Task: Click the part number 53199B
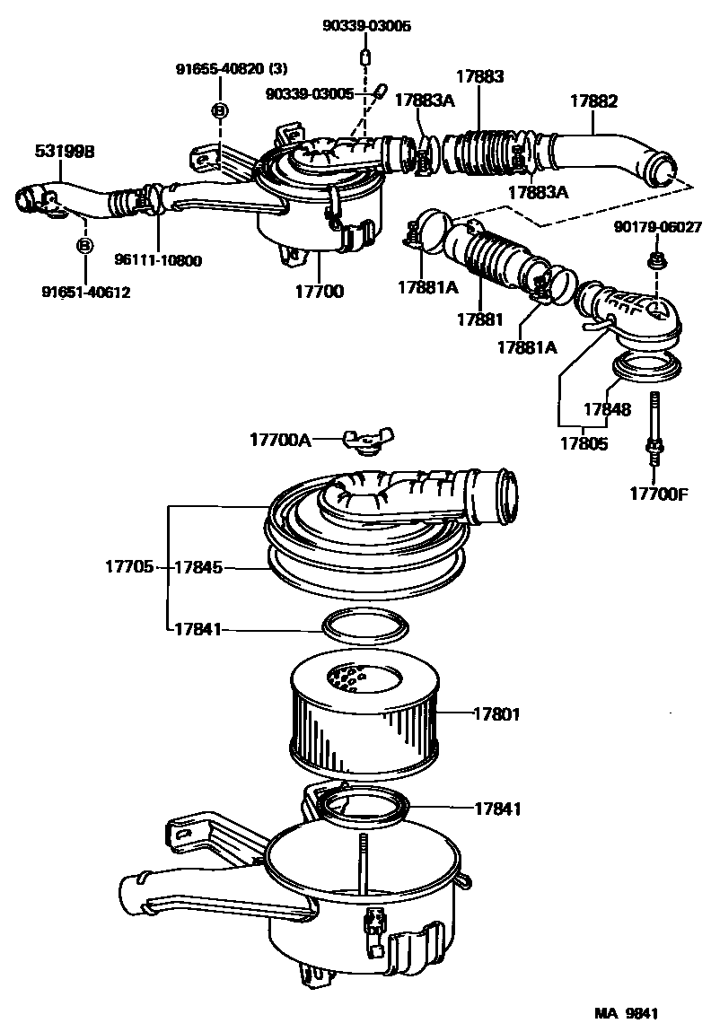pyautogui.click(x=65, y=152)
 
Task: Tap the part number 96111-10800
pyautogui.click(x=158, y=261)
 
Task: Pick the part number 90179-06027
pyautogui.click(x=658, y=227)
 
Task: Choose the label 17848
pyautogui.click(x=608, y=409)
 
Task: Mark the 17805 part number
pyautogui.click(x=584, y=442)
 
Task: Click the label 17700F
pyautogui.click(x=658, y=493)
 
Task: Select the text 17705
pyautogui.click(x=129, y=567)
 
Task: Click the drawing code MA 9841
pyautogui.click(x=626, y=1013)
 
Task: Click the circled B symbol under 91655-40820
pyautogui.click(x=218, y=109)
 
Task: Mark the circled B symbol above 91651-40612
pyautogui.click(x=84, y=245)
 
